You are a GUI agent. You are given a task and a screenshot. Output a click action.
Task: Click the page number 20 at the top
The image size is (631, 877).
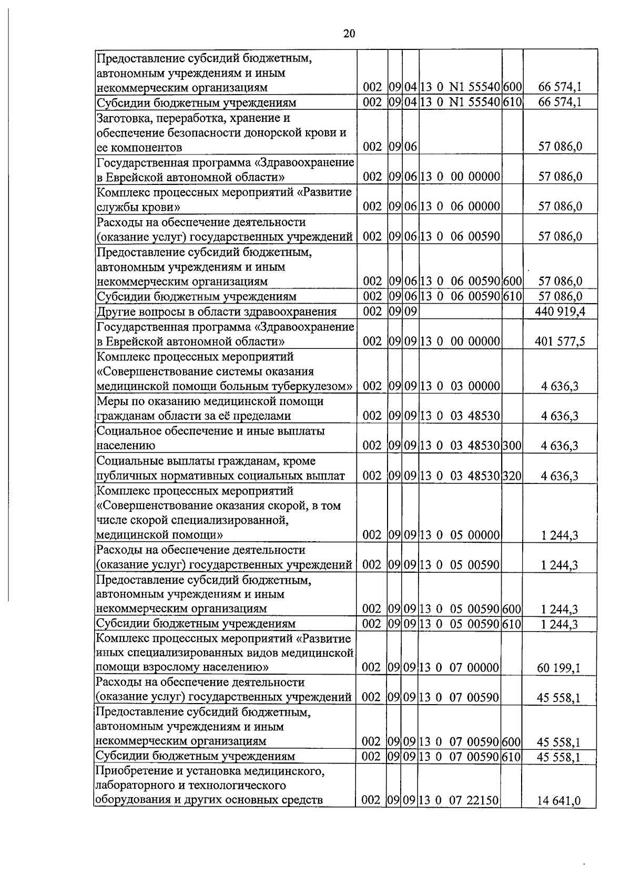(x=349, y=34)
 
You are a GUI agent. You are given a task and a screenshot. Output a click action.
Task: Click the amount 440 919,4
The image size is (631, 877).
(x=559, y=312)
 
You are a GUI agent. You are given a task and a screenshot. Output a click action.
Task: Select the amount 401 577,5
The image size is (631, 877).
(x=559, y=342)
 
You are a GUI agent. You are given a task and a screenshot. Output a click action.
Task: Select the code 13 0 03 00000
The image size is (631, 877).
(x=460, y=387)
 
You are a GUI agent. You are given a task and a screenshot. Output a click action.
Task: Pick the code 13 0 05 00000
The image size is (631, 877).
(x=460, y=535)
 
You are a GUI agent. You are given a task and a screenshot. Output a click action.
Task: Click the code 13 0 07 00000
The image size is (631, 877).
(x=459, y=668)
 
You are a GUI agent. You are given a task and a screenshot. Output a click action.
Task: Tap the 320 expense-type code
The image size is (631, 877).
(x=512, y=476)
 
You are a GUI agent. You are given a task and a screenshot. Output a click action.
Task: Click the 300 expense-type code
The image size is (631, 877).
(x=512, y=446)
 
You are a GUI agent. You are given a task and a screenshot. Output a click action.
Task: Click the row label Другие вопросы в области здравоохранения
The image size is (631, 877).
(x=216, y=312)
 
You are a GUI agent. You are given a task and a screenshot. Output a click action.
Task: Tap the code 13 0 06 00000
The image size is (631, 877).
(x=460, y=207)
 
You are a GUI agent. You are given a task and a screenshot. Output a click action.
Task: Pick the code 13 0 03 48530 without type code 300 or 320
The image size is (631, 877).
(x=460, y=416)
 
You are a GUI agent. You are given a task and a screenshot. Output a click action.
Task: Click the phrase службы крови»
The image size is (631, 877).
(x=138, y=207)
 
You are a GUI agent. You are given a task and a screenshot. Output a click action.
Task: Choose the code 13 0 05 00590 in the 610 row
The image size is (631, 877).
(x=460, y=624)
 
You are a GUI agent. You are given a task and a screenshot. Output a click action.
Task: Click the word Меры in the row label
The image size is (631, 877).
(x=112, y=401)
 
